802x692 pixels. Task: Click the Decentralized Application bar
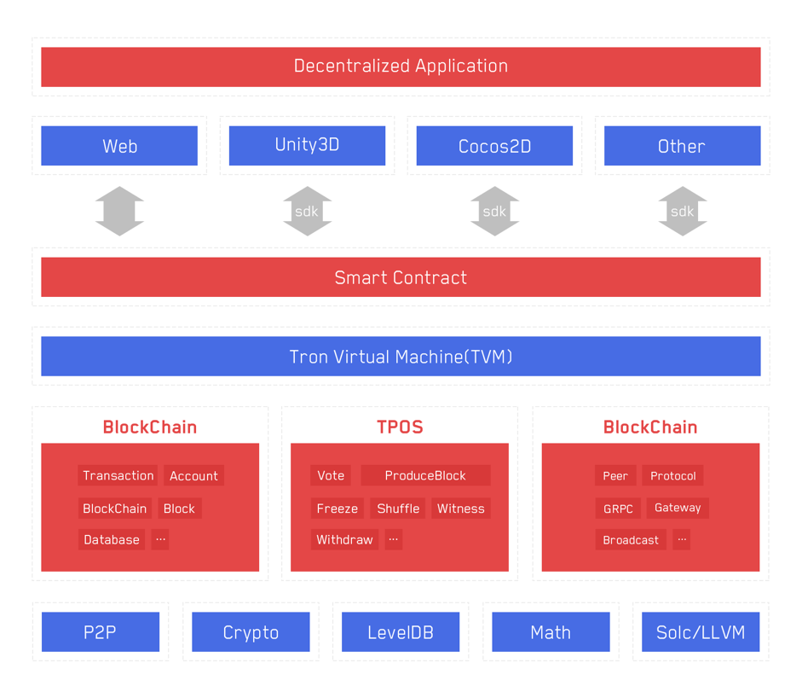tap(401, 67)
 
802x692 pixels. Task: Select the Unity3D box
tap(307, 145)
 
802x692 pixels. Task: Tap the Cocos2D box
tap(494, 145)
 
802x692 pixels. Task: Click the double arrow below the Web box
tap(119, 211)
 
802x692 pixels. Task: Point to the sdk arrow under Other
tap(683, 211)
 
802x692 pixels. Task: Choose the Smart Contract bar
tap(401, 277)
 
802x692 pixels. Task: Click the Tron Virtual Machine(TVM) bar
tap(401, 356)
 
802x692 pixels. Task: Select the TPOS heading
tap(400, 427)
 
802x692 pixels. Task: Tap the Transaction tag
tap(118, 475)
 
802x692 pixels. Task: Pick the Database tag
tap(112, 539)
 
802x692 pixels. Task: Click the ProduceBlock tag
tap(425, 475)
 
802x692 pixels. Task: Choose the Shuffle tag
tap(398, 508)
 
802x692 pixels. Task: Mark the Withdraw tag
tap(344, 539)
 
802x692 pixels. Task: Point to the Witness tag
tap(461, 508)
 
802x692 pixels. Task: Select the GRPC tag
tap(618, 508)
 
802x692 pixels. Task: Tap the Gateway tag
tap(678, 508)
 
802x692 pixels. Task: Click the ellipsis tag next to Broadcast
tap(682, 539)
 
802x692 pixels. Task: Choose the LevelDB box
tap(401, 631)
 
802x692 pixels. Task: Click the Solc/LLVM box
tap(701, 631)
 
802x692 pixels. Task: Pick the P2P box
tap(101, 631)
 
